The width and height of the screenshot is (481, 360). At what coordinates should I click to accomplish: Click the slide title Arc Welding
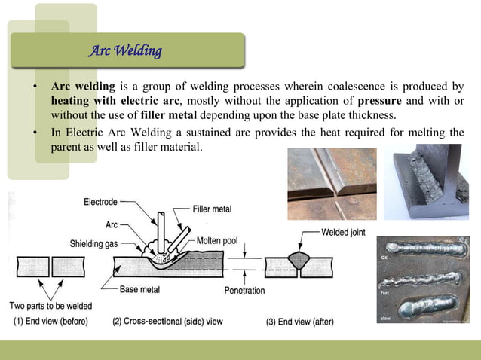coord(125,52)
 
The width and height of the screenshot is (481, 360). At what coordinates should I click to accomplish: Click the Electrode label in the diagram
coord(101,201)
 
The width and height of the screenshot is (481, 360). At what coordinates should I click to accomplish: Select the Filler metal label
coord(212,209)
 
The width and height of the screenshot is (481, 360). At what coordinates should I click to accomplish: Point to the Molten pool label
coord(217,240)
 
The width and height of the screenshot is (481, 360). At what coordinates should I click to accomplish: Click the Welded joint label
coord(343,232)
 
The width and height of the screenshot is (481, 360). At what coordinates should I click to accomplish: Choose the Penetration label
coord(244,290)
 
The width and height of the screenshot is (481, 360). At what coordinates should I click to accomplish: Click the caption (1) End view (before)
coord(51,322)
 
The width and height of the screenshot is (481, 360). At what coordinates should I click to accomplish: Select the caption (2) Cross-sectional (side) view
coord(167,322)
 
